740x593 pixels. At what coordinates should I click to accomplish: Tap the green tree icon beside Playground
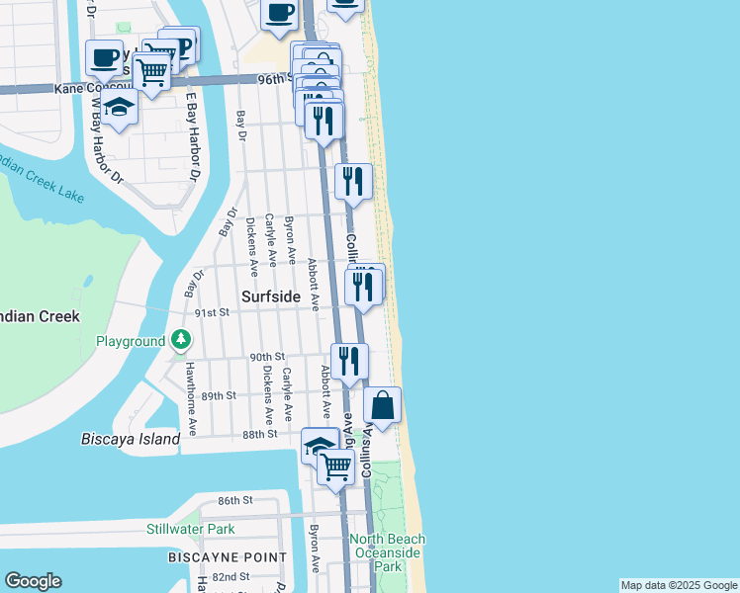180,341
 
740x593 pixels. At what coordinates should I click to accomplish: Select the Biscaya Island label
132,439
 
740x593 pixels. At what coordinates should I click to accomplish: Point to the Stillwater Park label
191,529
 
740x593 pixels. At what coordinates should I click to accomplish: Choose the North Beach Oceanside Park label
387,552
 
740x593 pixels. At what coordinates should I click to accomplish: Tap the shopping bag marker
382,405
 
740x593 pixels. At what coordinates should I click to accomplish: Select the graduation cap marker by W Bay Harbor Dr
119,108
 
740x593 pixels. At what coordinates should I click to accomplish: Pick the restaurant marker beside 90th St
349,361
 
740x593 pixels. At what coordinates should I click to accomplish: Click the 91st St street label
212,312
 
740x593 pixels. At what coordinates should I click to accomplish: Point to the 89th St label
219,395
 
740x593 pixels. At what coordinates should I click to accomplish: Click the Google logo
33,580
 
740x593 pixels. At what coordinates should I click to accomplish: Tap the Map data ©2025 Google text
678,585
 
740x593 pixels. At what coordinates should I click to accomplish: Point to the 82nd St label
230,576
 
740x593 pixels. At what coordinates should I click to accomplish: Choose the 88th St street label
259,434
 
